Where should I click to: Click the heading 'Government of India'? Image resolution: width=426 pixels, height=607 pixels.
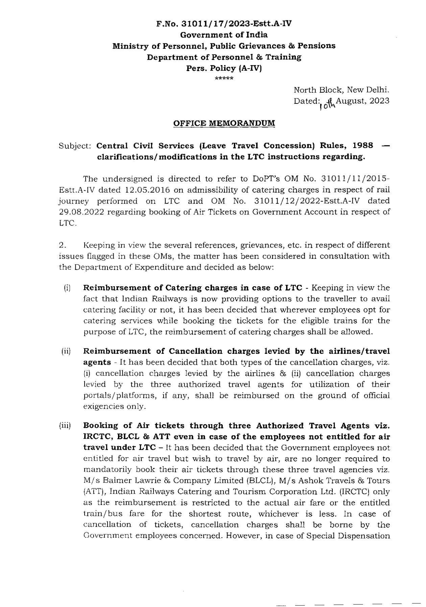tap(224, 35)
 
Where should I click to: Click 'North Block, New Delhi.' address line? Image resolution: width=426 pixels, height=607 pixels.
tap(341, 90)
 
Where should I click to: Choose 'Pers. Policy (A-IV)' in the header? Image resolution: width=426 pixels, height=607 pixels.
tap(224, 68)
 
